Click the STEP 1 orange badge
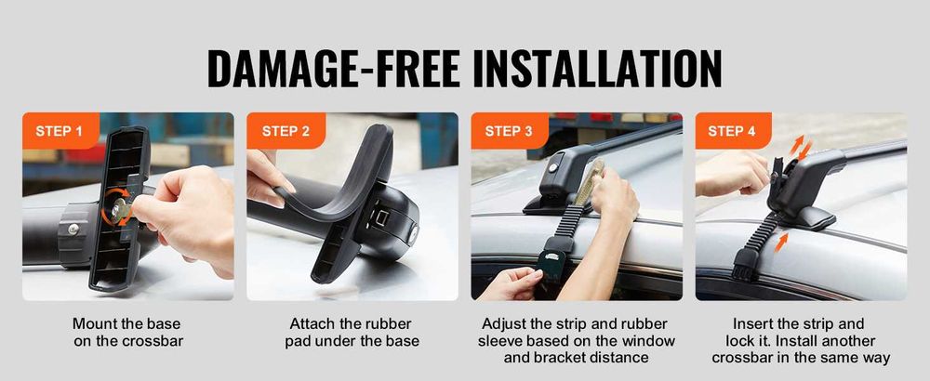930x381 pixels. tap(60, 131)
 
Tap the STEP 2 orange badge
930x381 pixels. tap(286, 131)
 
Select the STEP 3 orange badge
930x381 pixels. tap(510, 131)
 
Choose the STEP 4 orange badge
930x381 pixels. tap(733, 131)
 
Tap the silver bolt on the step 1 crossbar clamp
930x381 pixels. tap(73, 230)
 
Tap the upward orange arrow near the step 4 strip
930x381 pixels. tap(783, 242)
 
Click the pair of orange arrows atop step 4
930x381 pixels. tap(801, 148)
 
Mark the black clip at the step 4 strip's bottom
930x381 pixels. tap(746, 264)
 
